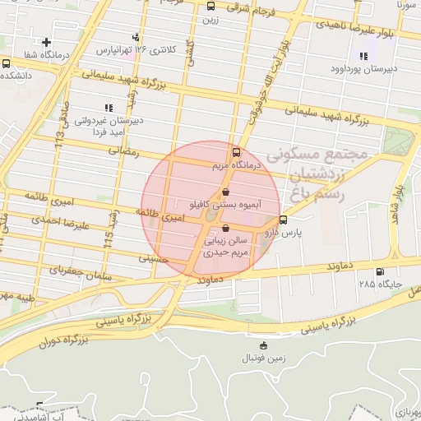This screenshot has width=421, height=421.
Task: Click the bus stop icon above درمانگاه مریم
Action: point(237,152)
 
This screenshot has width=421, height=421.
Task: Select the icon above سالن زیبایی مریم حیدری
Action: point(225,229)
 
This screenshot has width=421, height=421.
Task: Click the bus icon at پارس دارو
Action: point(284,220)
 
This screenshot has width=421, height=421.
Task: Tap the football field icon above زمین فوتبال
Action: point(263,345)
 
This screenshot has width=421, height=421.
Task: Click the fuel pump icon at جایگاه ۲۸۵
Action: point(379,272)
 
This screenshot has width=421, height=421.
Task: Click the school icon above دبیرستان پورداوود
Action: point(363,56)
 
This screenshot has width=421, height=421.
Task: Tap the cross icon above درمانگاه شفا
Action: point(47,42)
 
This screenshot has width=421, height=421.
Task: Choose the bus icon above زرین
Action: point(211,7)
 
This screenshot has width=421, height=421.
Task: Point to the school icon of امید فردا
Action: point(108,108)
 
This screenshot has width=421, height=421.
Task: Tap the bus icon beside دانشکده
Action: point(7,63)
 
